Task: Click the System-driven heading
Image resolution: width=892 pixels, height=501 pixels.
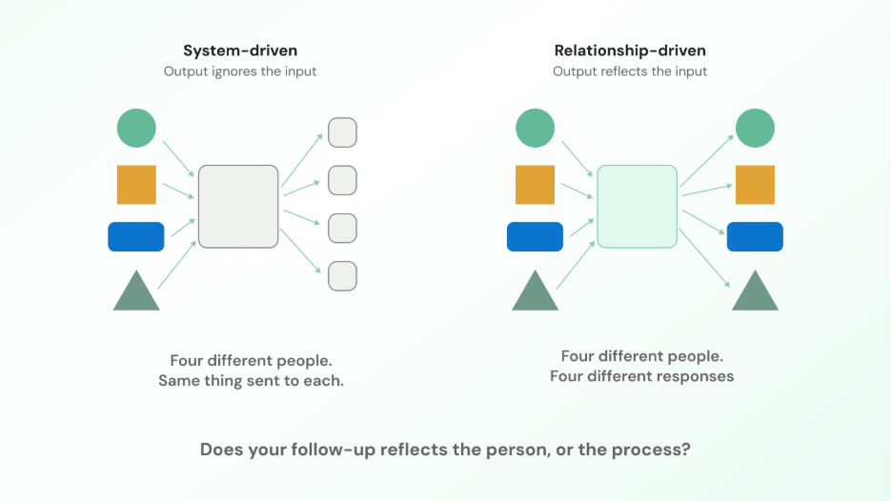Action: [240, 50]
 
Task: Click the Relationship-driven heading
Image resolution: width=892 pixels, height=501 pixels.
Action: [630, 50]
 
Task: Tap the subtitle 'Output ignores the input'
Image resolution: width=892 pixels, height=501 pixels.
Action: [240, 71]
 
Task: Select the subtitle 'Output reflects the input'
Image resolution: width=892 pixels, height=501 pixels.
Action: [630, 71]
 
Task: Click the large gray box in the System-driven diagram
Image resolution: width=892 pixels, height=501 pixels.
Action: [238, 207]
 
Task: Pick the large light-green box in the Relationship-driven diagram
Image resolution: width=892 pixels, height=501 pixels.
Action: [638, 207]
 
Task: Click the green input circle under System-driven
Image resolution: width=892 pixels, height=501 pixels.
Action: [136, 128]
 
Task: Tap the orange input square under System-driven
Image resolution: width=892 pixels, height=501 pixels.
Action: [136, 185]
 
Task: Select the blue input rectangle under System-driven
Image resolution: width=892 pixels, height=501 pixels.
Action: [136, 236]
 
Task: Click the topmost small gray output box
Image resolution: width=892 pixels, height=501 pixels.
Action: [342, 132]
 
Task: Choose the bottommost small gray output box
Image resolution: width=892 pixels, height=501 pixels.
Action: [342, 276]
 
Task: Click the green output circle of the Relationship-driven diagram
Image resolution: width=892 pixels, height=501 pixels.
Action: [755, 128]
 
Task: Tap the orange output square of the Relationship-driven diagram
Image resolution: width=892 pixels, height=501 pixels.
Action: [755, 185]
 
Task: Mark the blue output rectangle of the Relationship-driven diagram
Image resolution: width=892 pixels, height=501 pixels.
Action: [755, 236]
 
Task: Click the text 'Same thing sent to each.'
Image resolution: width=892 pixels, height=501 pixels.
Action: [251, 380]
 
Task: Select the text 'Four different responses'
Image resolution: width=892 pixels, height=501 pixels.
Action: [641, 376]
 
